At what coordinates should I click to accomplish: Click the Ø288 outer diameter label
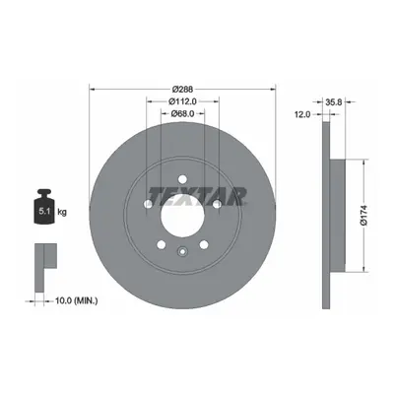pyautogui.click(x=182, y=89)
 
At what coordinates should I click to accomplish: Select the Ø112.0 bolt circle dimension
pyautogui.click(x=182, y=101)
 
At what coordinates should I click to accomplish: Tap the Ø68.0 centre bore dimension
pyautogui.click(x=182, y=113)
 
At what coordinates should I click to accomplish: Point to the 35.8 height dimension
pyautogui.click(x=334, y=102)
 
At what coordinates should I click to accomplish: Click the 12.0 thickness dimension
pyautogui.click(x=302, y=114)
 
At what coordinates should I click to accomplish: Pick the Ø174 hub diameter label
pyautogui.click(x=363, y=216)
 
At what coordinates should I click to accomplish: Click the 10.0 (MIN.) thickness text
pyautogui.click(x=77, y=300)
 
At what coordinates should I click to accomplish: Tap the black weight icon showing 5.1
pyautogui.click(x=44, y=207)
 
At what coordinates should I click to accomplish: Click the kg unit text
pyautogui.click(x=62, y=212)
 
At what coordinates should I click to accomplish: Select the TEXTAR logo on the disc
pyautogui.click(x=198, y=196)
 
